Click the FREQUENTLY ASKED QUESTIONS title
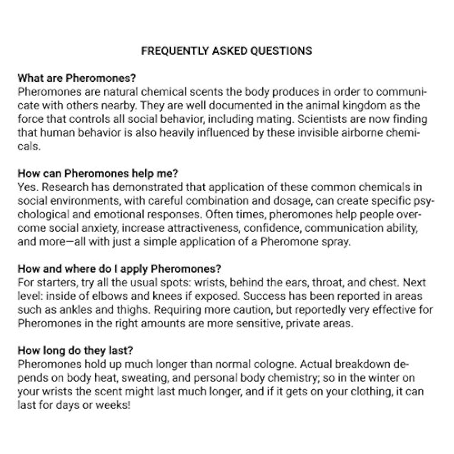tap(226, 51)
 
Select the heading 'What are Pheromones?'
tap(77, 78)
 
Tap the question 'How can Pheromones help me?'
tap(98, 173)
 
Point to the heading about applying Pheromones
tap(119, 269)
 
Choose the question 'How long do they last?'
tap(75, 350)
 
